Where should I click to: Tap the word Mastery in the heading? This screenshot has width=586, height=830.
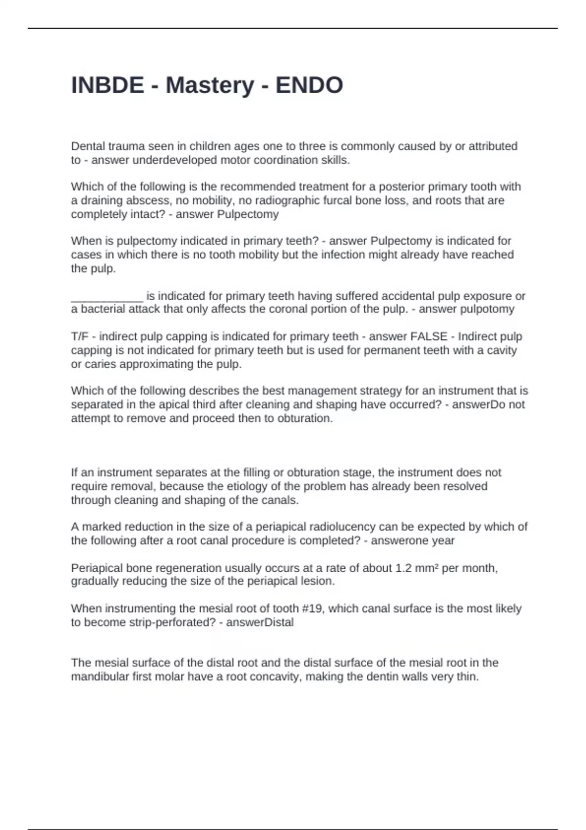pos(209,85)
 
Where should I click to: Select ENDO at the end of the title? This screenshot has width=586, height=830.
pos(309,85)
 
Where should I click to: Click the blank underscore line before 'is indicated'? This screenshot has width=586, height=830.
pos(107,296)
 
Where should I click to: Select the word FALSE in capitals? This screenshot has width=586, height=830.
pos(429,336)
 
